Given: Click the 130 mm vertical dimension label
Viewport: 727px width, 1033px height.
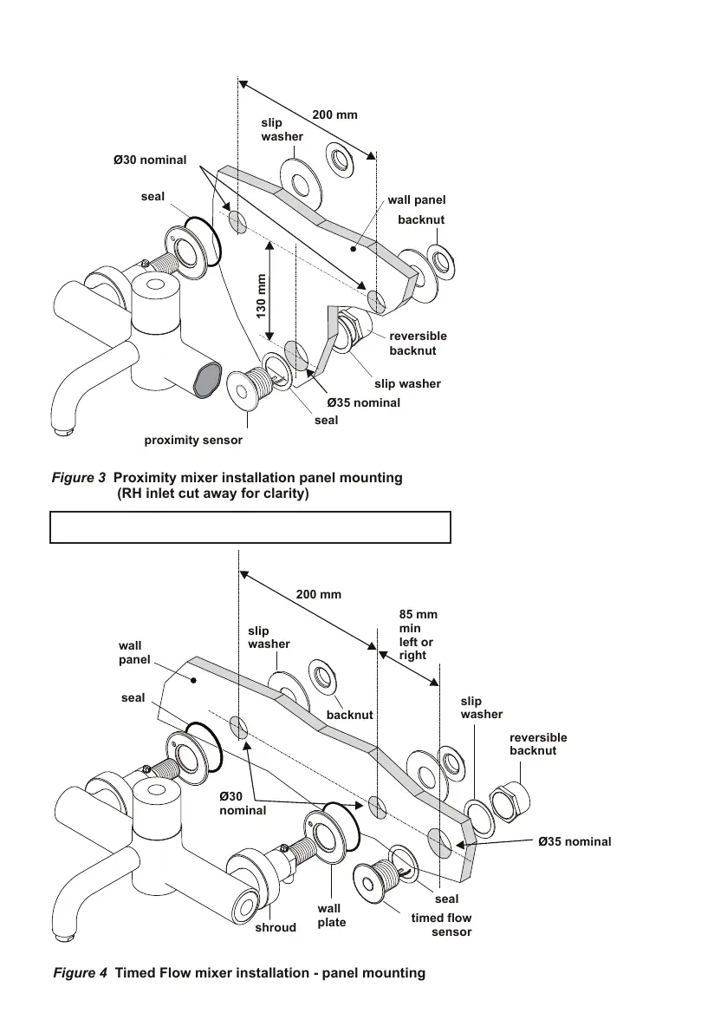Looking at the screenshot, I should pos(261,297).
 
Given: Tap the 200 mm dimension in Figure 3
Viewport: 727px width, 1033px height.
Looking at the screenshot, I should pos(334,115).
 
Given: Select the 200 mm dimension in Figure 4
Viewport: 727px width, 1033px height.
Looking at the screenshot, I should pos(319,595).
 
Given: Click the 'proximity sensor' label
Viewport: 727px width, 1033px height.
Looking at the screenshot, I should pos(193,441).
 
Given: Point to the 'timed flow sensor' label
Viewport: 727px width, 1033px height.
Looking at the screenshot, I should pos(441,925).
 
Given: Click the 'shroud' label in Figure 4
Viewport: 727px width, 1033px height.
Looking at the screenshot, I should pos(276,927).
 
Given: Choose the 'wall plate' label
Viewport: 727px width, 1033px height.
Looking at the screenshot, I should pos(331,915).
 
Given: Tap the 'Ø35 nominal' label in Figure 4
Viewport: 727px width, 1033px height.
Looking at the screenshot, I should pos(574,841).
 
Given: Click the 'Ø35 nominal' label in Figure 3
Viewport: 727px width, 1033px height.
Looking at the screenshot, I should pos(363,402).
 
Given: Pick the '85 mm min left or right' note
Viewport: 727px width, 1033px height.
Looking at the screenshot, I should pos(419,635).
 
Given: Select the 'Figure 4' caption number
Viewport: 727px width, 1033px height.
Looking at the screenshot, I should pos(81,973).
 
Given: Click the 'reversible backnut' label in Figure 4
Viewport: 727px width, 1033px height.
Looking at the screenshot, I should pos(538,743).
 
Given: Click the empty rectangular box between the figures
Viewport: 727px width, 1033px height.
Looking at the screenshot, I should pos(250,526).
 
